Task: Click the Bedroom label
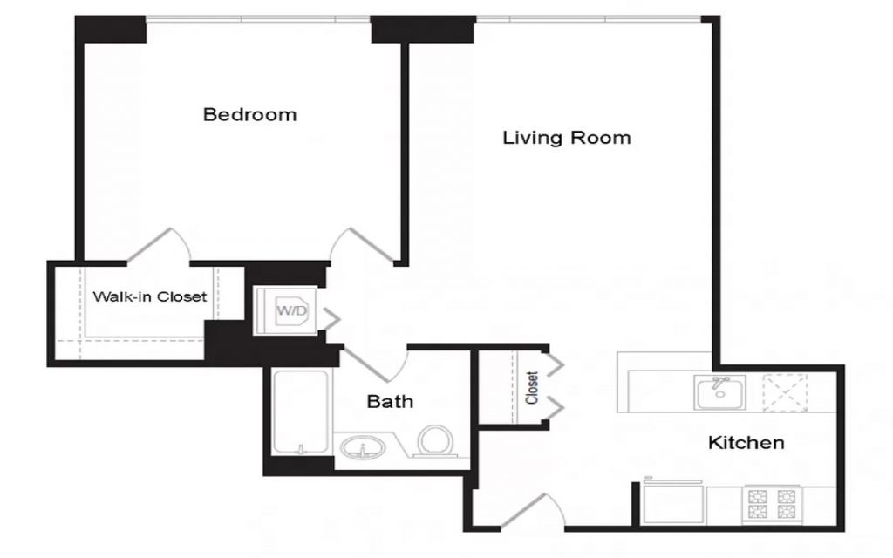(249, 114)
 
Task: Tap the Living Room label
(567, 137)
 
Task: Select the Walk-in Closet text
(150, 296)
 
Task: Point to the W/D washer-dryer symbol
(286, 311)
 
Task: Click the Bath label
(390, 401)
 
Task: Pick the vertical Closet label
(532, 388)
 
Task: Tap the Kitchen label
(746, 442)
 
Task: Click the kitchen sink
(719, 391)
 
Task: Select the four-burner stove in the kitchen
(772, 504)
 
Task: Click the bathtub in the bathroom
(301, 412)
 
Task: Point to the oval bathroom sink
(362, 447)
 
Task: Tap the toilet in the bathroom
(436, 442)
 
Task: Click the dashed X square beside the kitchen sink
(785, 391)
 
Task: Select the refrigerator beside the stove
(673, 502)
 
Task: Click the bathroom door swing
(376, 364)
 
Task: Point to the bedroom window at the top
(258, 19)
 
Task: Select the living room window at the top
(588, 19)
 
